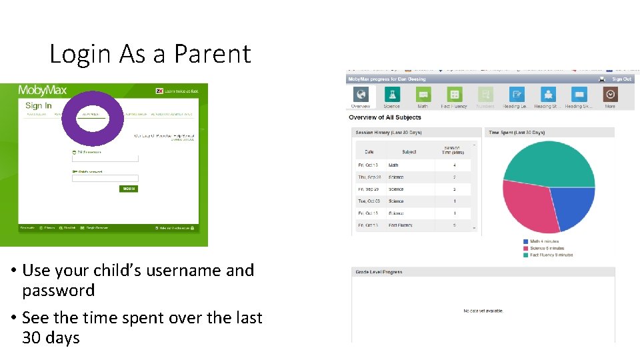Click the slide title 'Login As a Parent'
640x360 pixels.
click(150, 54)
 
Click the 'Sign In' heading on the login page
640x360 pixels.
click(38, 106)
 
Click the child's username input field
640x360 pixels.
click(105, 159)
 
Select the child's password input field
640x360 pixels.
click(105, 178)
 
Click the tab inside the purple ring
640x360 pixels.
click(91, 114)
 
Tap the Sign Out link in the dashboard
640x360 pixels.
click(621, 79)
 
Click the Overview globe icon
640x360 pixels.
click(361, 95)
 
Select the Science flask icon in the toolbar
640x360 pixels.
click(392, 95)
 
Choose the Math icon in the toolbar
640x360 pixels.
click(423, 95)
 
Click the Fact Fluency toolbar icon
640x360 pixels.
click(455, 95)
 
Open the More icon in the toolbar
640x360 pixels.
click(610, 95)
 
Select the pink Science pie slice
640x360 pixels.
click(527, 207)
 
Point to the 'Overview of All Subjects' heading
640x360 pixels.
click(385, 118)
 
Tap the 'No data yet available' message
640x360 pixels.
click(483, 311)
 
